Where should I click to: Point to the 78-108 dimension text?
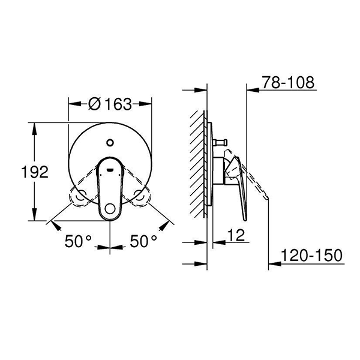coord(287,83)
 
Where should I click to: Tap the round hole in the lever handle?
coord(110,209)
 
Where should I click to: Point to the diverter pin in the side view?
coord(219,143)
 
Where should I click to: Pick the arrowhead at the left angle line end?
coord(56,226)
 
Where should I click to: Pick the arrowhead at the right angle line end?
coord(164,226)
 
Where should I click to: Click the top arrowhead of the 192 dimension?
coord(34,127)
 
